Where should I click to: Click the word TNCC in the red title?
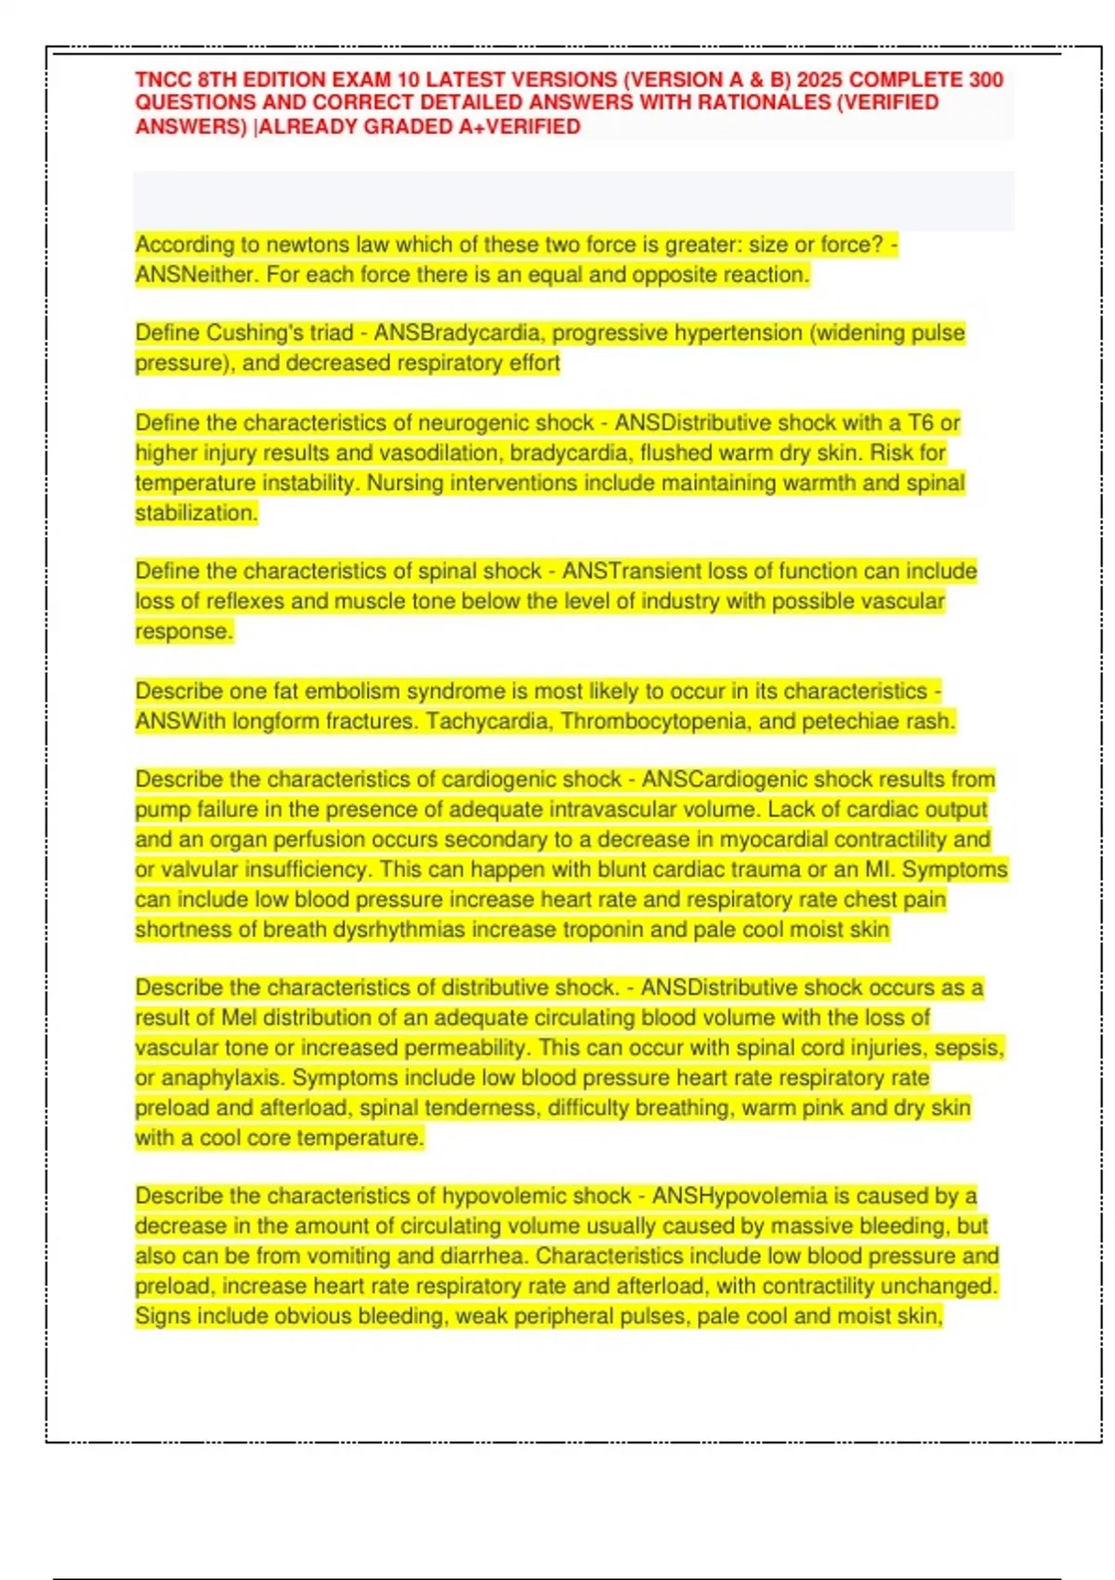click(164, 80)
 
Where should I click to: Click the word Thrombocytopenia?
click(655, 721)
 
